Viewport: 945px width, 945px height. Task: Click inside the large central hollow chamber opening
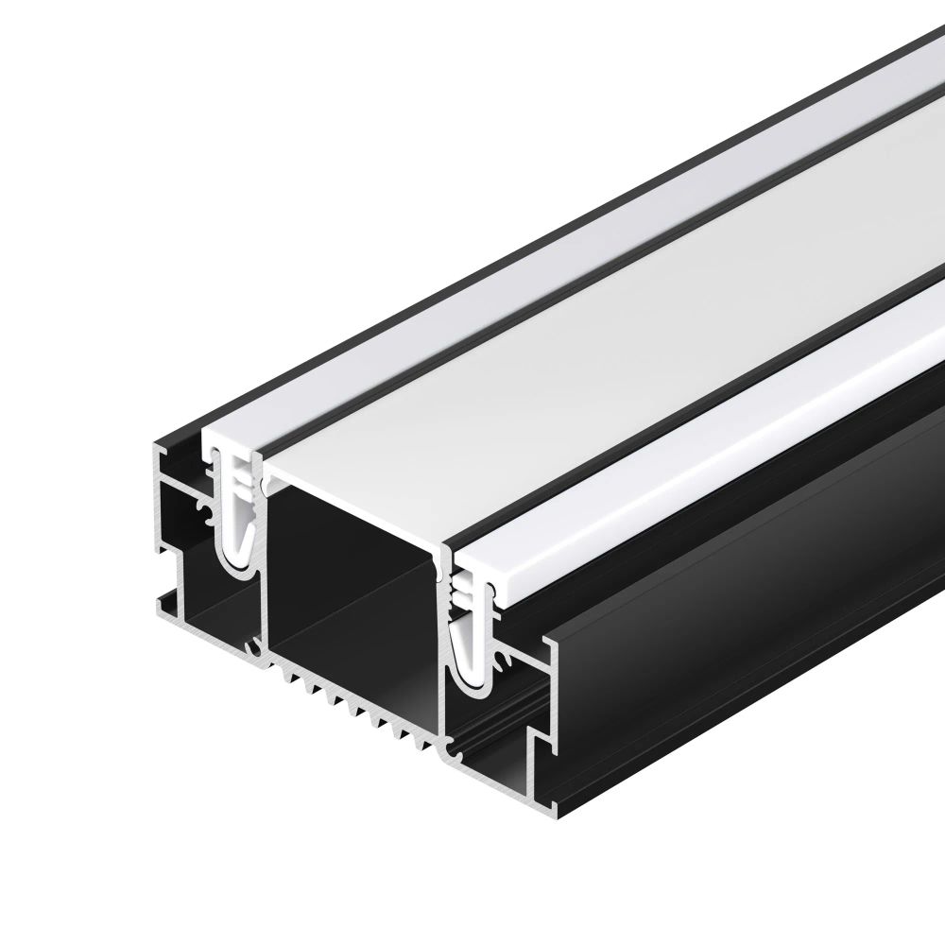(350, 567)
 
